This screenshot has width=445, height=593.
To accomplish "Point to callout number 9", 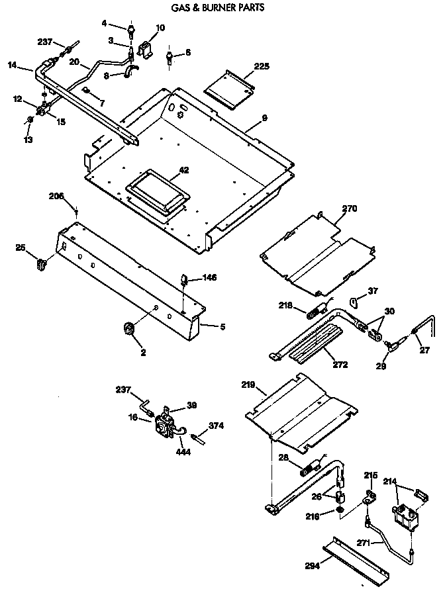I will click(x=264, y=119).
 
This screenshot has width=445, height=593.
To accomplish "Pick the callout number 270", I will click(x=349, y=208).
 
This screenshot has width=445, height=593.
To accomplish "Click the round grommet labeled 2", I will click(x=128, y=328).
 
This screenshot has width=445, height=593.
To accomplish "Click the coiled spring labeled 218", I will click(x=312, y=310).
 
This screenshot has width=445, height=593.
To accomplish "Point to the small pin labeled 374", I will click(x=197, y=435).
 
